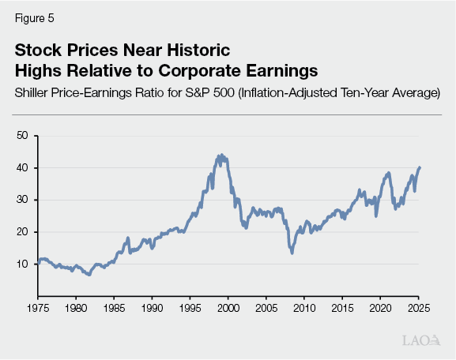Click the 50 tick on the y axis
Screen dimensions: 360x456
click(x=21, y=136)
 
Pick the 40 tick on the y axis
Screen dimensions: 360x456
click(x=21, y=168)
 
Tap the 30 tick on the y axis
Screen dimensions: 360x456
click(x=21, y=200)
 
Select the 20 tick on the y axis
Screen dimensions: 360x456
click(x=21, y=232)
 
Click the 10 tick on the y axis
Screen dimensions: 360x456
click(x=21, y=264)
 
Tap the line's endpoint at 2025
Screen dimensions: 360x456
click(x=420, y=167)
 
